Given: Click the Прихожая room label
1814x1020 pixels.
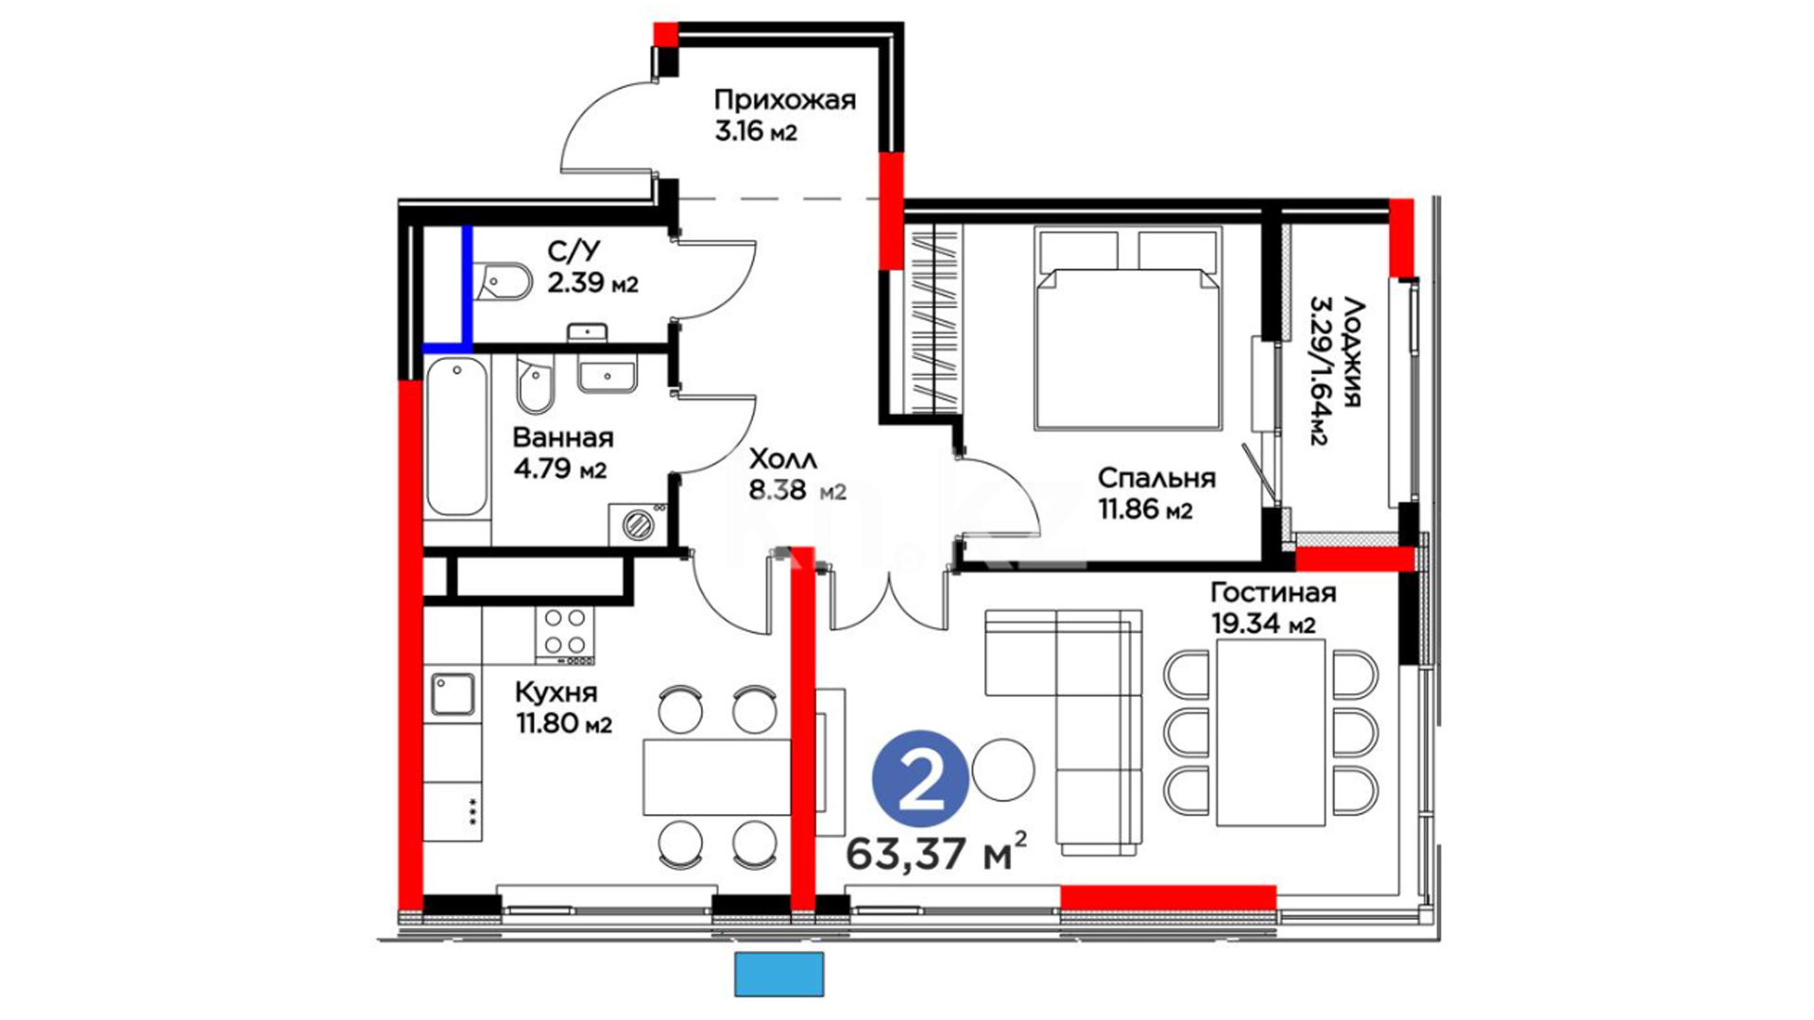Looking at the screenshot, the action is [x=784, y=99].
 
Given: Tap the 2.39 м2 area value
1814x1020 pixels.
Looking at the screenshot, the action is [x=592, y=282].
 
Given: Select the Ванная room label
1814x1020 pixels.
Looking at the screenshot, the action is [x=562, y=438].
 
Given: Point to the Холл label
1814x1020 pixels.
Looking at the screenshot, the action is [x=782, y=460].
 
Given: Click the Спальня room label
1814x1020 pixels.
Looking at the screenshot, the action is [x=1156, y=478].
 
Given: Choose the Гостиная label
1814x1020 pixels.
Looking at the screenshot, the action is [x=1274, y=592].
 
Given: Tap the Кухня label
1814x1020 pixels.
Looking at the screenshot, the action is [x=556, y=692].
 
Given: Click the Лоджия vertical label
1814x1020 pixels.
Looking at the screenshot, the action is [x=1352, y=352].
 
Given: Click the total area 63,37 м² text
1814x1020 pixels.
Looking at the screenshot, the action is [x=935, y=853].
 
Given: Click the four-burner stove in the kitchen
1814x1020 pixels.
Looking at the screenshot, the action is [x=565, y=634].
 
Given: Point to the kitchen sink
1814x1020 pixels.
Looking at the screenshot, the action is [x=453, y=694].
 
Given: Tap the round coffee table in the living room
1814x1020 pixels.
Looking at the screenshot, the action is [x=1003, y=770].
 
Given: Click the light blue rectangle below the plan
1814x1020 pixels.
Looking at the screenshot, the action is [x=779, y=974].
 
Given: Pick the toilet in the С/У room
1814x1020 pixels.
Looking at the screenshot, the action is [x=505, y=280].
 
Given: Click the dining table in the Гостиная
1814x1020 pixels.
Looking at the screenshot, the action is [x=1270, y=732].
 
